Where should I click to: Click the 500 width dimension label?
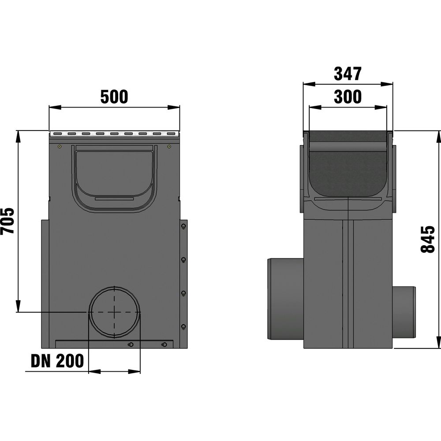(114, 97)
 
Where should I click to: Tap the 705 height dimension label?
(7, 221)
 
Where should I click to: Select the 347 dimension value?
(348, 74)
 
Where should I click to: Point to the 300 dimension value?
(348, 97)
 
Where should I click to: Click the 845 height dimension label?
(428, 239)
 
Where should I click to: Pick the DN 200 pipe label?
(57, 361)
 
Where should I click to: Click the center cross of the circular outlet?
(114, 312)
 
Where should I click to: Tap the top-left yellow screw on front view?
(60, 146)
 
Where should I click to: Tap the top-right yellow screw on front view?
(169, 146)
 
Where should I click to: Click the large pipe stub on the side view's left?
(285, 299)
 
